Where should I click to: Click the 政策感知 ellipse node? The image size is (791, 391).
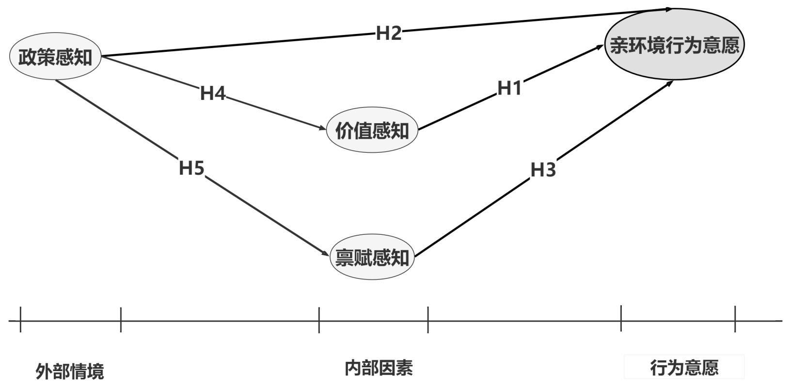[x=55, y=57]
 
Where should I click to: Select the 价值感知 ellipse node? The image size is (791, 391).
[x=372, y=130]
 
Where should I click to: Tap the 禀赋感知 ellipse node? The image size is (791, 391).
[x=372, y=257]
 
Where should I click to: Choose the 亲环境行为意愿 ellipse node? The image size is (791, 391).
[x=675, y=44]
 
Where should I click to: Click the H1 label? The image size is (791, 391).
[x=509, y=88]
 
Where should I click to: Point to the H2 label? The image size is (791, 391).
[x=388, y=33]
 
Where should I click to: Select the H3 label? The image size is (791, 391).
[x=543, y=170]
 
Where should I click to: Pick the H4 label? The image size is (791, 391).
[x=213, y=93]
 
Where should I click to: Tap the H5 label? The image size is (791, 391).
[x=191, y=167]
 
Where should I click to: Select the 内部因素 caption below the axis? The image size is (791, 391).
[x=379, y=368]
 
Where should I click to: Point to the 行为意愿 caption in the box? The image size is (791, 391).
[x=684, y=368]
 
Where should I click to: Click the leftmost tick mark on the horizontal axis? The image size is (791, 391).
[x=20, y=320]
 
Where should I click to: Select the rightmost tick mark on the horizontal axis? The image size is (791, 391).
[x=735, y=319]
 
